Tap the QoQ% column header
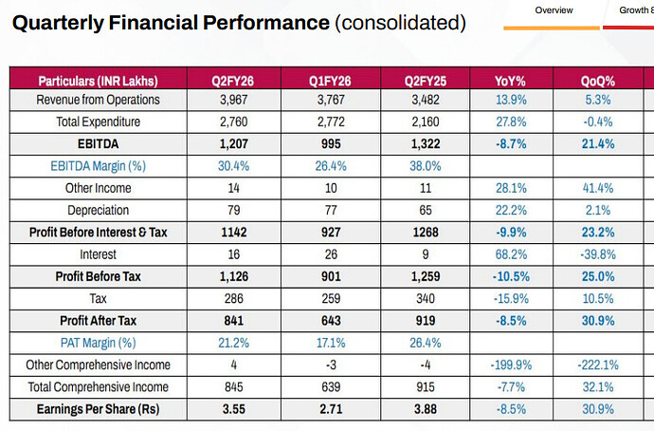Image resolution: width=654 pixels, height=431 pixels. [x=598, y=80]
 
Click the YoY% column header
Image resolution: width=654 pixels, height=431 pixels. [x=513, y=80]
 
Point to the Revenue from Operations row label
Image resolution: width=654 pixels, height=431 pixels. [x=98, y=100]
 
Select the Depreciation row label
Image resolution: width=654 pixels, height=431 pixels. [x=98, y=209]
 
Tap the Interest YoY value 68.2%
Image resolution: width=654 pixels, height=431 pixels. [x=513, y=253]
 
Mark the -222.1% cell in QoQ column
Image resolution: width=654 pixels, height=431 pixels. [x=598, y=364]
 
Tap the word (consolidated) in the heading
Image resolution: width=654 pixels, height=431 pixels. [x=399, y=21]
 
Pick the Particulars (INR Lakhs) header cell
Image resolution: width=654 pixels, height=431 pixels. [x=98, y=80]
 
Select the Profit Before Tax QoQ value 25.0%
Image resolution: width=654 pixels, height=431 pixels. [x=598, y=275]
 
